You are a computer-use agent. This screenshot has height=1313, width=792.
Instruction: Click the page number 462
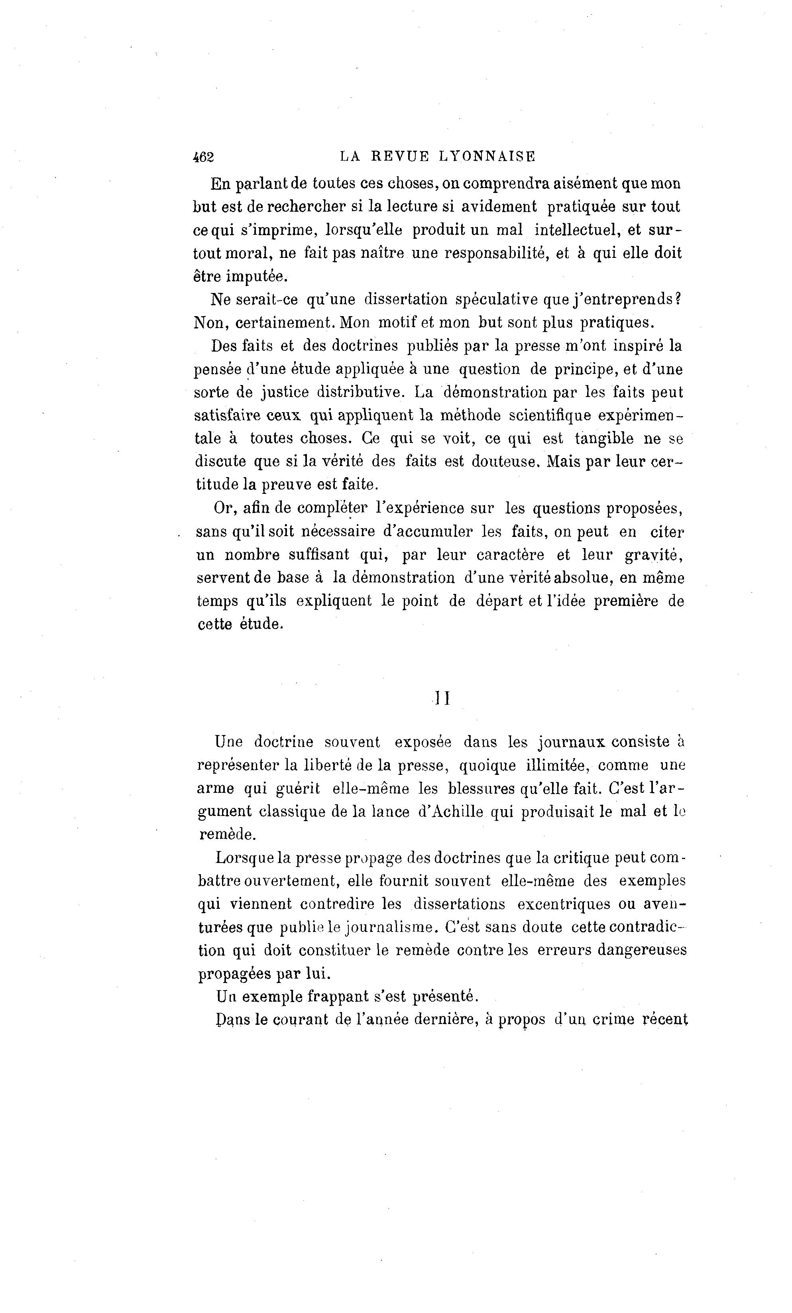[203, 157]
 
